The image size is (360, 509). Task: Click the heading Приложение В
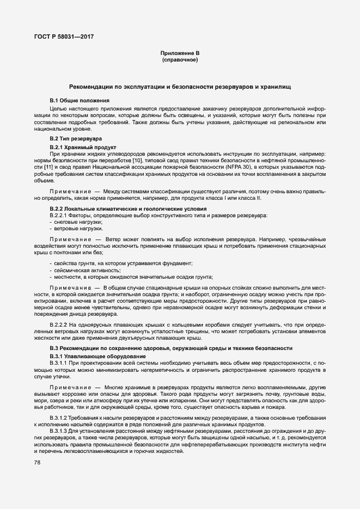[x=180, y=53]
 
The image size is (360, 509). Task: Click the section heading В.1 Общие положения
[x=80, y=101]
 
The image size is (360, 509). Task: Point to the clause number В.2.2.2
[x=58, y=325]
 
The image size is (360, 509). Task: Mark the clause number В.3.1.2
[x=58, y=417]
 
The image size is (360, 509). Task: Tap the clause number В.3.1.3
[x=58, y=431]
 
